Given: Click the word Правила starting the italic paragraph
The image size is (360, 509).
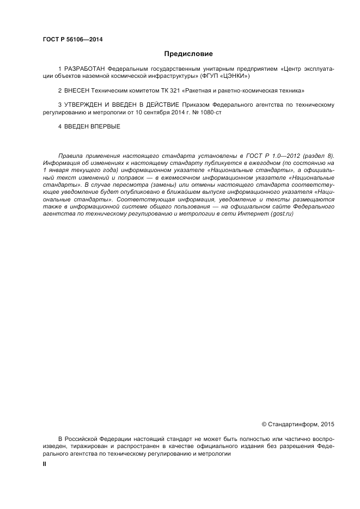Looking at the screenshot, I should pos(69,156).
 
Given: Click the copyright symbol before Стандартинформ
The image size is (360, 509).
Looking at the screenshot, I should pos(264,424).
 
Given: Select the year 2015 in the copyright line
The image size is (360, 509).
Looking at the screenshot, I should pos(327,424).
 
